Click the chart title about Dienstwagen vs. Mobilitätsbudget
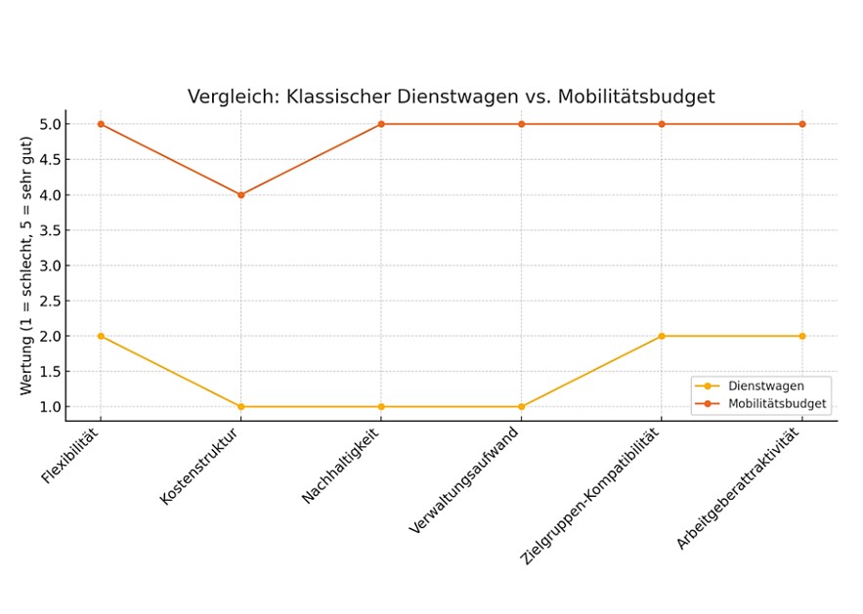pos(451,97)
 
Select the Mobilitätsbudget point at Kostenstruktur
pos(240,194)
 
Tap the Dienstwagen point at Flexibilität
pos(100,336)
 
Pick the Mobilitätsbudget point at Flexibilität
pos(100,124)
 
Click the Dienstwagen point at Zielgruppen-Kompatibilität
pos(662,336)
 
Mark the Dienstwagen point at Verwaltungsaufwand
pos(521,406)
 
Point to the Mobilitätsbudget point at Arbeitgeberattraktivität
pos(802,124)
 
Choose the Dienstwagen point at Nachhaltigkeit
pos(381,406)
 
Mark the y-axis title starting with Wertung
pos(26,265)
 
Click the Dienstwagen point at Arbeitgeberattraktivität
pos(802,336)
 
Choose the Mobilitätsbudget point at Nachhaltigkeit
pos(381,124)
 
